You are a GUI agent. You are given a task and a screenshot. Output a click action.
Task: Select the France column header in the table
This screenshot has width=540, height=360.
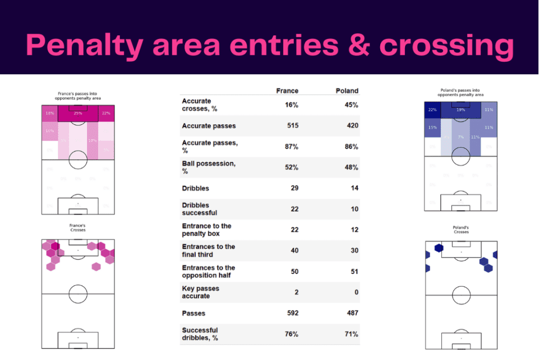[287, 91]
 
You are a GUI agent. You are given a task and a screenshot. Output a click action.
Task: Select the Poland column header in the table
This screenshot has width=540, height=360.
[347, 91]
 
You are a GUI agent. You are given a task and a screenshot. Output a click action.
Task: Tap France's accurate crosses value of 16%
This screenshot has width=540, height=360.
[291, 105]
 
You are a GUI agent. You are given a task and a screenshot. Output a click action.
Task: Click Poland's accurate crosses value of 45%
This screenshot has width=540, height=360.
[351, 105]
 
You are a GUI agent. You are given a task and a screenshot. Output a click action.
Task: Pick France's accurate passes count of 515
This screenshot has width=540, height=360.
[291, 125]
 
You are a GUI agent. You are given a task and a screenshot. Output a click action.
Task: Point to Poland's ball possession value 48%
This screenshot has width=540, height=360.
[351, 167]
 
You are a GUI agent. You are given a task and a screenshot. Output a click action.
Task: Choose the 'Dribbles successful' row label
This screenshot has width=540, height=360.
[199, 209]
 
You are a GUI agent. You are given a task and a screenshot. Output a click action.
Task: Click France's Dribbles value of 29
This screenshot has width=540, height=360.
[294, 188]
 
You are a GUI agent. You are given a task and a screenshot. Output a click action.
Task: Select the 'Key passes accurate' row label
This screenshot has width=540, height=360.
[200, 292]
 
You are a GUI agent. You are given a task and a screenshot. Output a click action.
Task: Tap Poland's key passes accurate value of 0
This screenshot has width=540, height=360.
[356, 292]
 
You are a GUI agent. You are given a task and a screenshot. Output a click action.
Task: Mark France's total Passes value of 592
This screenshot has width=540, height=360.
[291, 313]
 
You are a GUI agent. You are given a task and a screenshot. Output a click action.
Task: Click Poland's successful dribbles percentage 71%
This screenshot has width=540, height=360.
[351, 334]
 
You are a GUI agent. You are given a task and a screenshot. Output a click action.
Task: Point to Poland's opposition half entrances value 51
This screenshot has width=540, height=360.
[354, 271]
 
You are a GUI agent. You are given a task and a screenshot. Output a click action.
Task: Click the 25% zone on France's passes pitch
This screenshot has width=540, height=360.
[78, 113]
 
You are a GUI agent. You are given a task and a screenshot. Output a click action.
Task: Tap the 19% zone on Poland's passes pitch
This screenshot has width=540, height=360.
[460, 110]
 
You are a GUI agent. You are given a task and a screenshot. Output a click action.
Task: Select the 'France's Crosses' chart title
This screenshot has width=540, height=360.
[78, 228]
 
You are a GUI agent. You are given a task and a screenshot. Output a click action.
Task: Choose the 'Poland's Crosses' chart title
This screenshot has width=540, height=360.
[461, 230]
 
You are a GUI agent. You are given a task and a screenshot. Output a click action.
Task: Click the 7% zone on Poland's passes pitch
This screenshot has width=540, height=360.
[460, 137]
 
